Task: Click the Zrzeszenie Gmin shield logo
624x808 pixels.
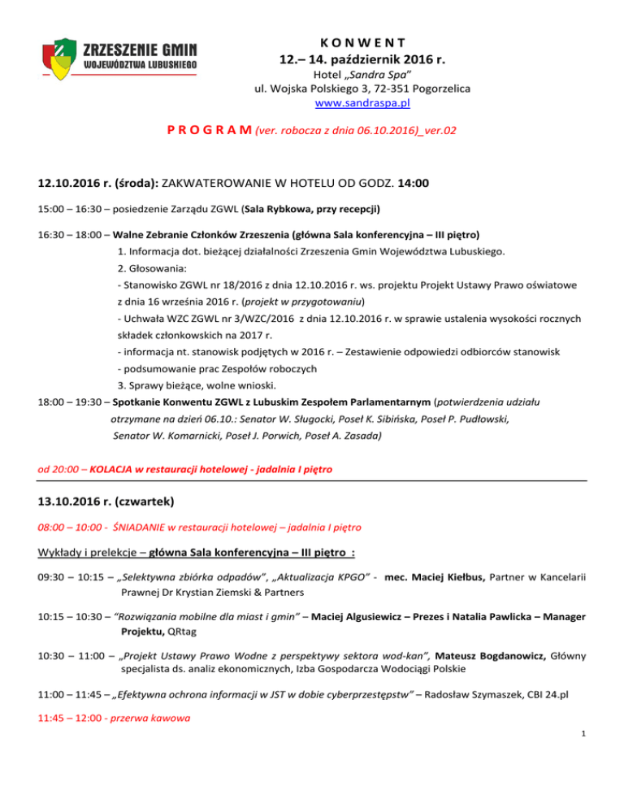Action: [x=62, y=63]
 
